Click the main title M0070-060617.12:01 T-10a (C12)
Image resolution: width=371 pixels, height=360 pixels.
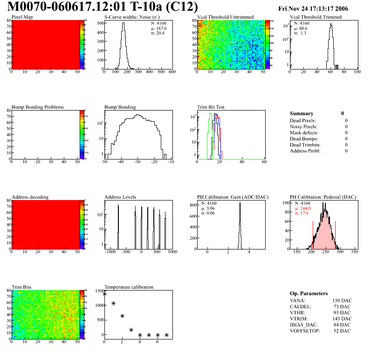(x=103, y=7)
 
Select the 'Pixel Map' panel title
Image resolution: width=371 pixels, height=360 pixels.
(x=22, y=17)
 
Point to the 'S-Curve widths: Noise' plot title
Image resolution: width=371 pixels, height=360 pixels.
(x=130, y=17)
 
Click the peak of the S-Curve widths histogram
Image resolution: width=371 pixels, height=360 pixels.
(x=123, y=24)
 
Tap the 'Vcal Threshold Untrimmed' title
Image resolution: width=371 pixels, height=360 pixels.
(x=226, y=17)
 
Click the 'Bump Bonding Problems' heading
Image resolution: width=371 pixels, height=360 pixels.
(x=38, y=107)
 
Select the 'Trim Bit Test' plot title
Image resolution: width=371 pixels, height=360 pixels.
(x=211, y=107)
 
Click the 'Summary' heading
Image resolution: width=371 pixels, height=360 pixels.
(x=302, y=113)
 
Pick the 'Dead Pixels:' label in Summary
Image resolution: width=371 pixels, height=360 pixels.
(x=303, y=120)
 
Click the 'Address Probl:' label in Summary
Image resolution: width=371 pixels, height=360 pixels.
(x=305, y=151)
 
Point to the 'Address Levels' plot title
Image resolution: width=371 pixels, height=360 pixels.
(x=120, y=197)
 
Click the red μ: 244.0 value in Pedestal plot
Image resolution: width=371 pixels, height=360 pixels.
(x=303, y=208)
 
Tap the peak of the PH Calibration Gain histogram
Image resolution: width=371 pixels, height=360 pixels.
(x=240, y=203)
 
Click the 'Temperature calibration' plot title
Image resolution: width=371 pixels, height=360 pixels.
(x=129, y=287)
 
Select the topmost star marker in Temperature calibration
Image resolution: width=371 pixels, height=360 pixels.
(x=104, y=294)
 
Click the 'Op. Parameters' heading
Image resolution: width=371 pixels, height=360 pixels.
(x=309, y=293)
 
